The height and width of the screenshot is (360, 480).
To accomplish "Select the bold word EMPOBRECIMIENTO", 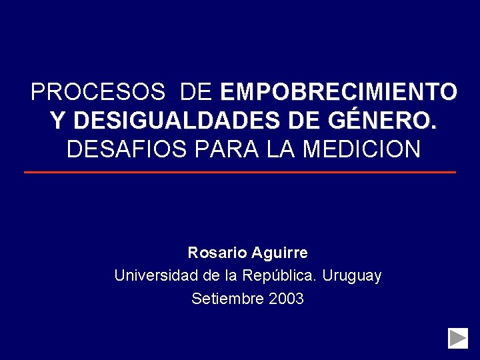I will [338, 91].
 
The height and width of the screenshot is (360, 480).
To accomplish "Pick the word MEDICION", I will [361, 149].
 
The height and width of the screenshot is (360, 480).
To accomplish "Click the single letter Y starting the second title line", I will [57, 121].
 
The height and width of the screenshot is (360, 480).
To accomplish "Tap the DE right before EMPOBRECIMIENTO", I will [195, 91].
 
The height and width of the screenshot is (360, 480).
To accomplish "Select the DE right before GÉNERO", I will [305, 121].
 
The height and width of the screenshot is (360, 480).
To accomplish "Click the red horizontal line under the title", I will [240, 172].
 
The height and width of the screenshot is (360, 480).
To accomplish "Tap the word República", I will [285, 275].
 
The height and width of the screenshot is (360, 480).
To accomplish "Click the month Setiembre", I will [227, 299].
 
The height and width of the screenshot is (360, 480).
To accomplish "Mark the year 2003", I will [286, 299].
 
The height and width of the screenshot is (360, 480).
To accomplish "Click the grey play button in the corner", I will [458, 338].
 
